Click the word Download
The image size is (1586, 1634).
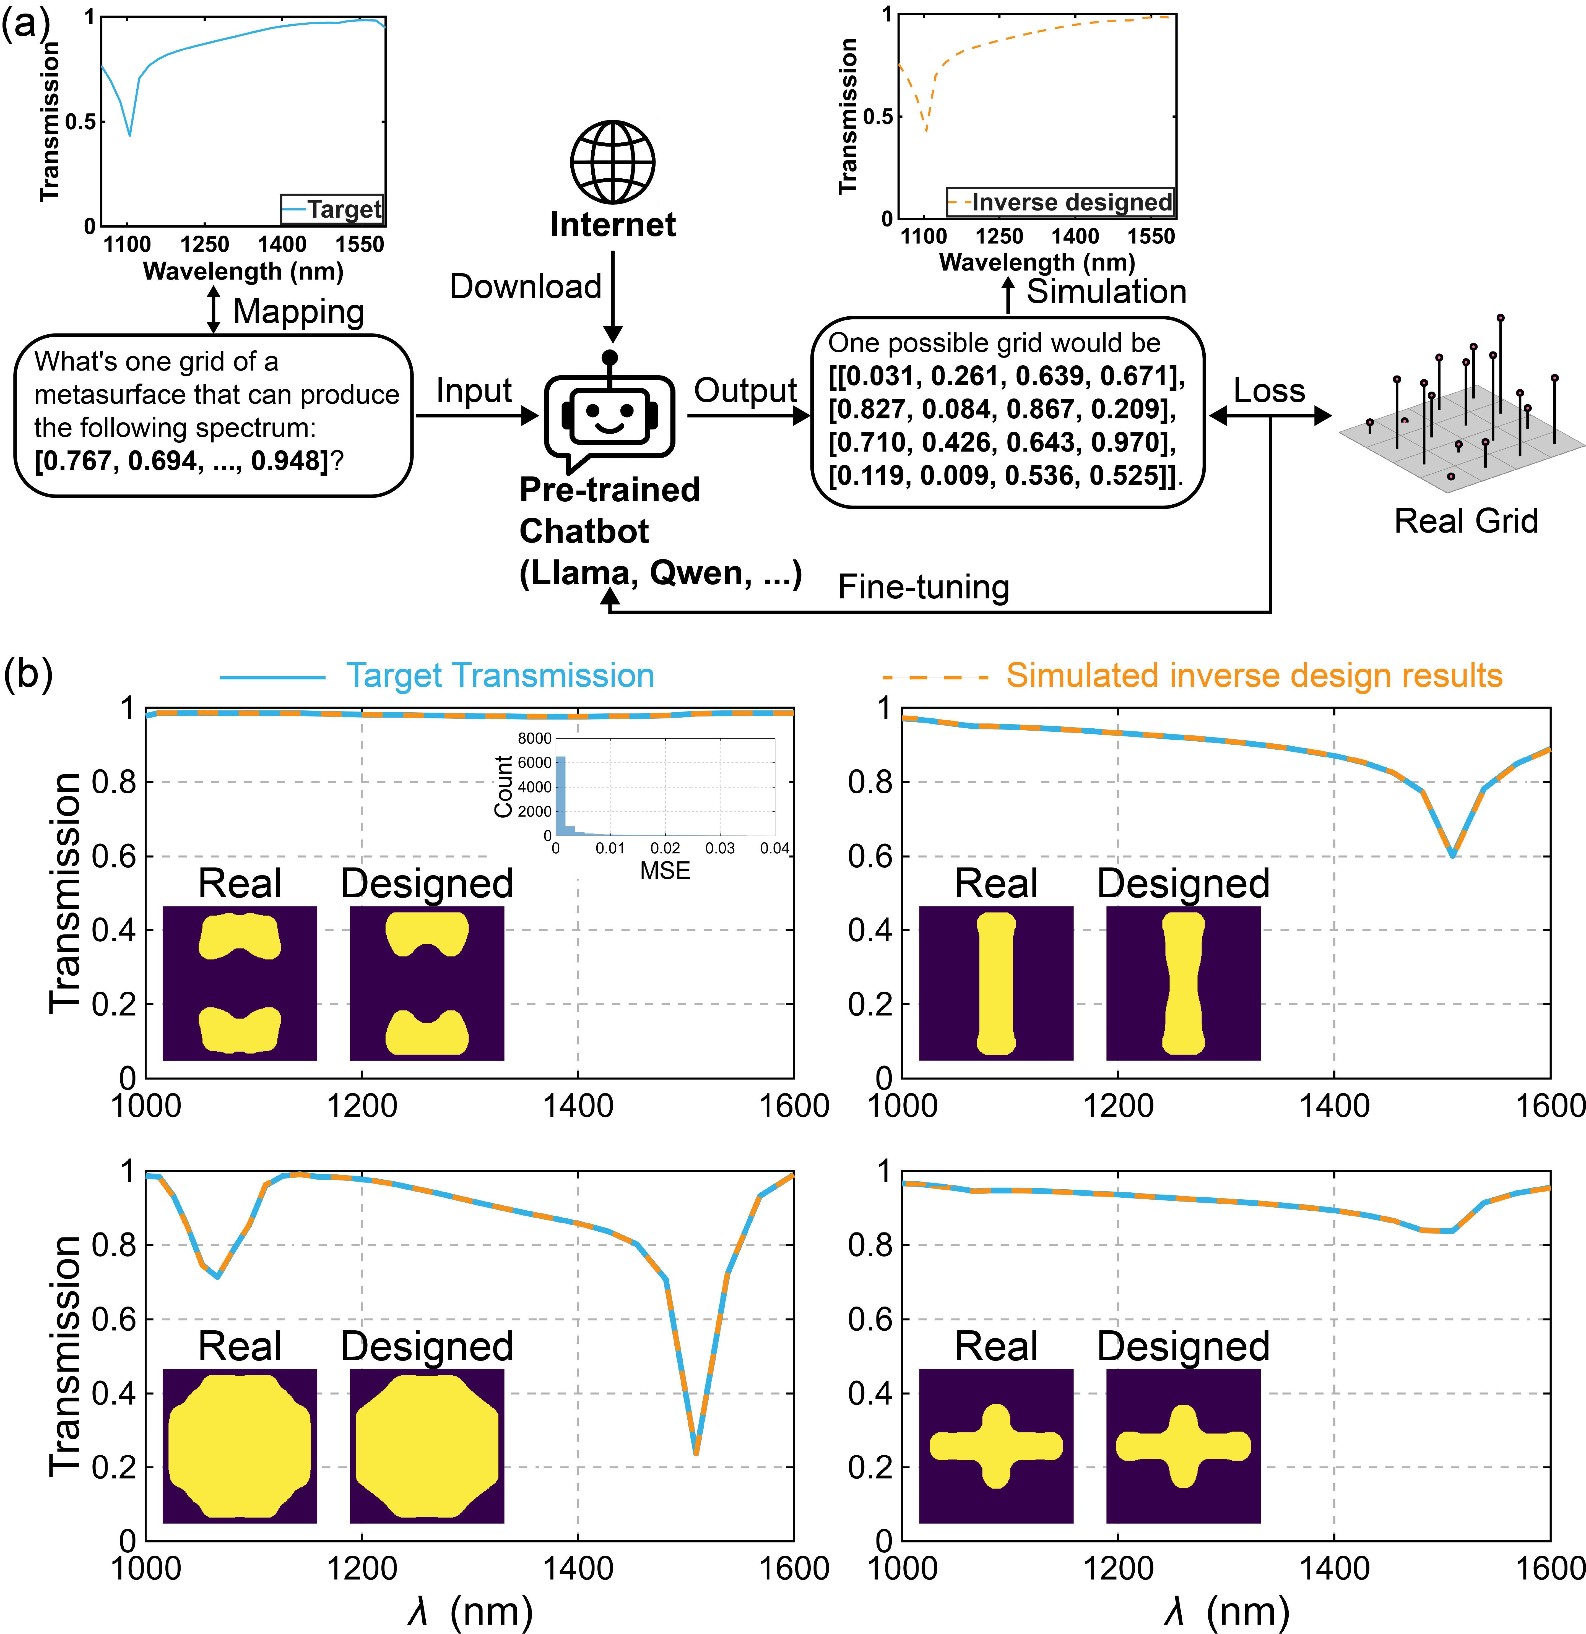point(525,287)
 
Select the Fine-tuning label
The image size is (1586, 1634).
point(923,587)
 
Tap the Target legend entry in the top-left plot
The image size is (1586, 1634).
point(344,209)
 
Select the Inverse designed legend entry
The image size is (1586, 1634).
point(1072,203)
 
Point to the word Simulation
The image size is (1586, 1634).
point(1106,292)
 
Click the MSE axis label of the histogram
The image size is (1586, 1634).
point(665,871)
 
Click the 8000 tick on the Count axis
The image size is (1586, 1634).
point(534,739)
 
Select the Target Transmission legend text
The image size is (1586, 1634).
point(500,675)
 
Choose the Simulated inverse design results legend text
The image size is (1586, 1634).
point(1253,675)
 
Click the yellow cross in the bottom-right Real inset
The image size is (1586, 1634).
point(996,1447)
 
